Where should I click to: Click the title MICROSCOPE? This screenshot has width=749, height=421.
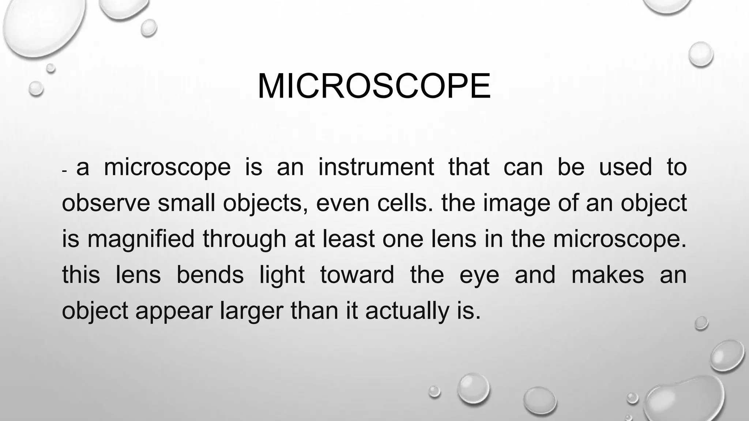[x=374, y=86]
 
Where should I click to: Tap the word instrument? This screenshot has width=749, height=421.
[x=376, y=167]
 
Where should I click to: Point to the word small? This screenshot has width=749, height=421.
[x=187, y=203]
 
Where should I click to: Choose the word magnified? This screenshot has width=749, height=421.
[x=141, y=240]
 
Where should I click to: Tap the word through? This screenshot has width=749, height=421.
[x=244, y=240]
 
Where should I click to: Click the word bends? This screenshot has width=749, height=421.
[x=210, y=275]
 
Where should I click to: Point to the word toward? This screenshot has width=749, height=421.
[x=357, y=275]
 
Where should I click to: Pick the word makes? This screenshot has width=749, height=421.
[x=607, y=275]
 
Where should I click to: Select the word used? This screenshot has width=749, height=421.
[x=625, y=167]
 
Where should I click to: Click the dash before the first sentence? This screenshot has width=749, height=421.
[x=65, y=171]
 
